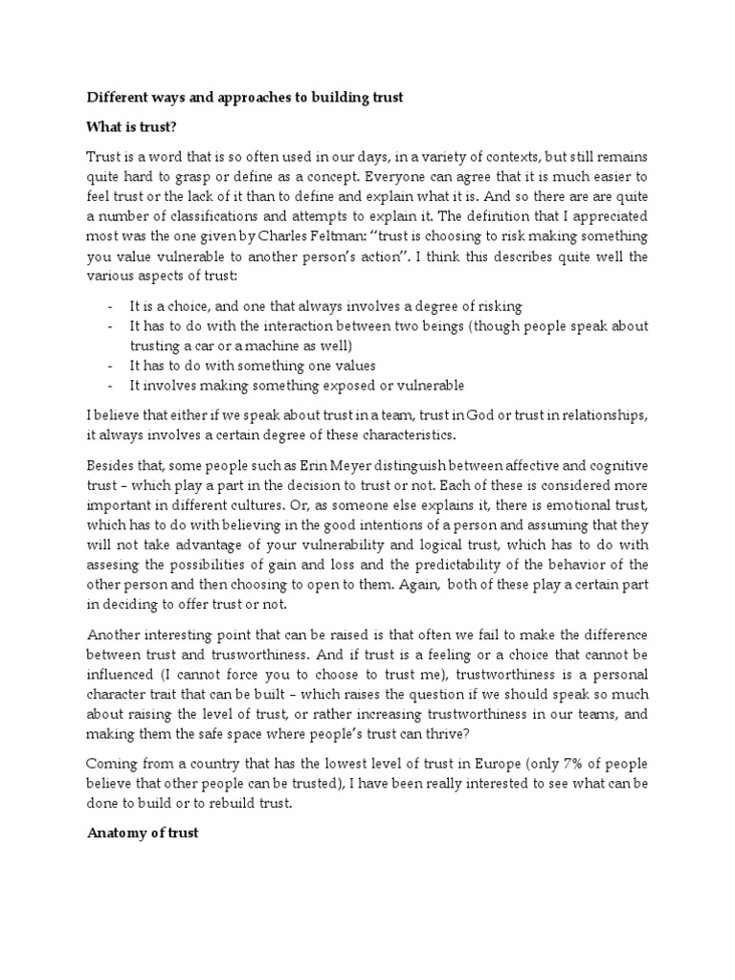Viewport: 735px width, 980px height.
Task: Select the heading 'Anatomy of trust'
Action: coord(143,834)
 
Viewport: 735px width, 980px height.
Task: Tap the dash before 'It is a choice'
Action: coord(111,306)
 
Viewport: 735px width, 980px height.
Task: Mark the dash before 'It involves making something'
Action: coord(111,386)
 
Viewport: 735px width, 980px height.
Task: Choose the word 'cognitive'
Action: coord(617,465)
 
